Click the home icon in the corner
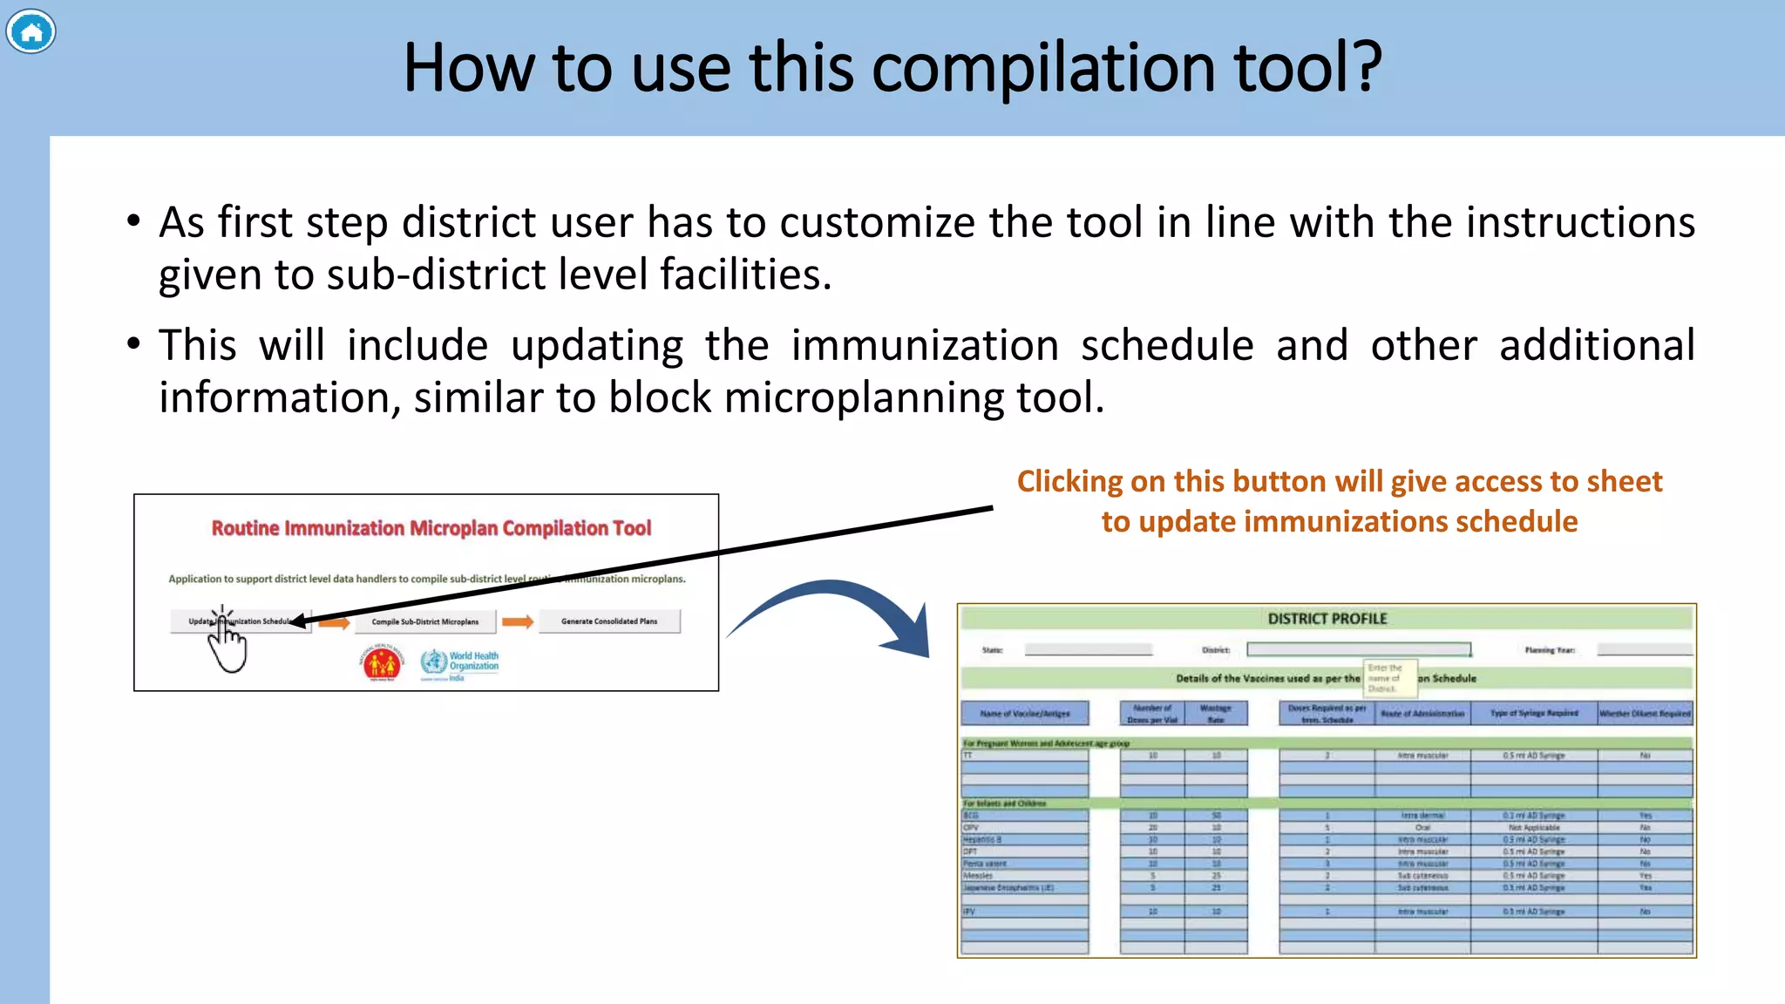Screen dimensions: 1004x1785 tap(31, 32)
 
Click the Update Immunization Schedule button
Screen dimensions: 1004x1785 tap(241, 621)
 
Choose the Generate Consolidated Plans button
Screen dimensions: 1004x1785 tap(609, 621)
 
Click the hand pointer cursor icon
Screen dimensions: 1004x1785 tap(227, 643)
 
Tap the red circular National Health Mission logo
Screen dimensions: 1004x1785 tap(381, 663)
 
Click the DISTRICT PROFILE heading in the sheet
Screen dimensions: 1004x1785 tap(1327, 619)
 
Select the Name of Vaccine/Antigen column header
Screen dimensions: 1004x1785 tap(1024, 713)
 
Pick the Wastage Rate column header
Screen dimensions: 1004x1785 tap(1215, 714)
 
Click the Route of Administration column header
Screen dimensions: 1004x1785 tap(1422, 713)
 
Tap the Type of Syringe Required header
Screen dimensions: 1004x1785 tap(1533, 713)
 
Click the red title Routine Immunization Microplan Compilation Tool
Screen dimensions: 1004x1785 tap(431, 528)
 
